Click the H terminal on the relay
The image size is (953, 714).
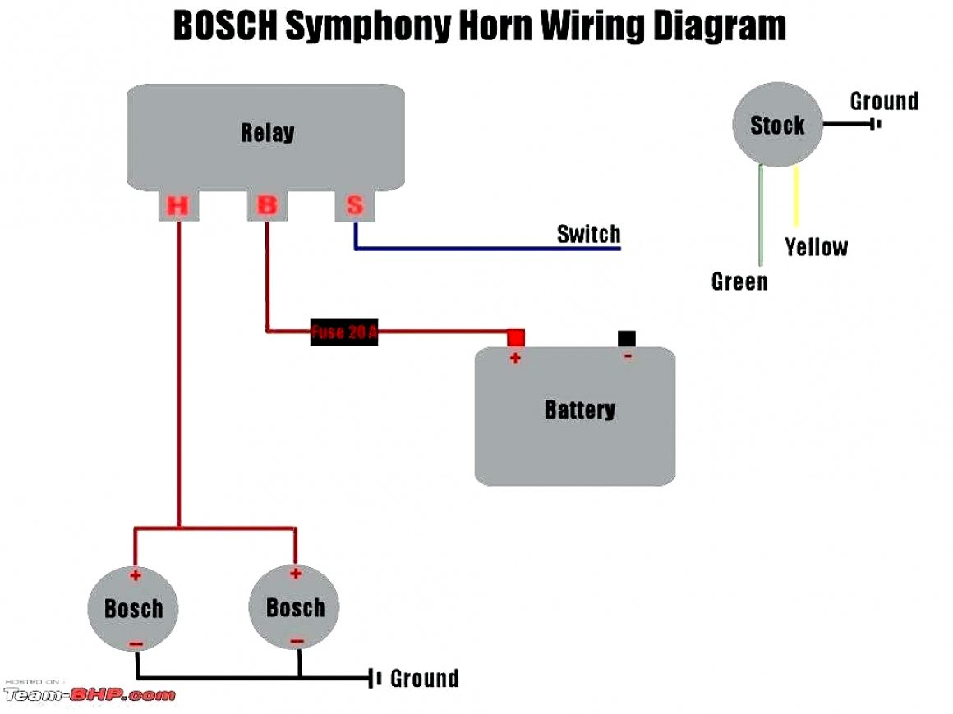(178, 206)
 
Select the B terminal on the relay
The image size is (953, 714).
(267, 205)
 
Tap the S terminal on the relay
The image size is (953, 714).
(355, 205)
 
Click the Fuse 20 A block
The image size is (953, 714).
(344, 332)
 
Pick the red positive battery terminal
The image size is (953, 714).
(516, 337)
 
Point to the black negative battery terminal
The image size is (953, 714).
(627, 337)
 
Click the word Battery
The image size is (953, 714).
(579, 410)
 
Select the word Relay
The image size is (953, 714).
(267, 132)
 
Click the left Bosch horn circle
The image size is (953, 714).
(133, 608)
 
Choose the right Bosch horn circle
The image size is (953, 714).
(295, 607)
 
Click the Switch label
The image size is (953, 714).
(588, 234)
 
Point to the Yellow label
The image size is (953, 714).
(816, 247)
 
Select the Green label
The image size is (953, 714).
(739, 281)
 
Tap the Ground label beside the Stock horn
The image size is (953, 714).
(884, 102)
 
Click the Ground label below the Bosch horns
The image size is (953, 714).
(424, 679)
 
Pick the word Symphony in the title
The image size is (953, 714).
(369, 28)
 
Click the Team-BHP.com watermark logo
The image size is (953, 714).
(89, 694)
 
